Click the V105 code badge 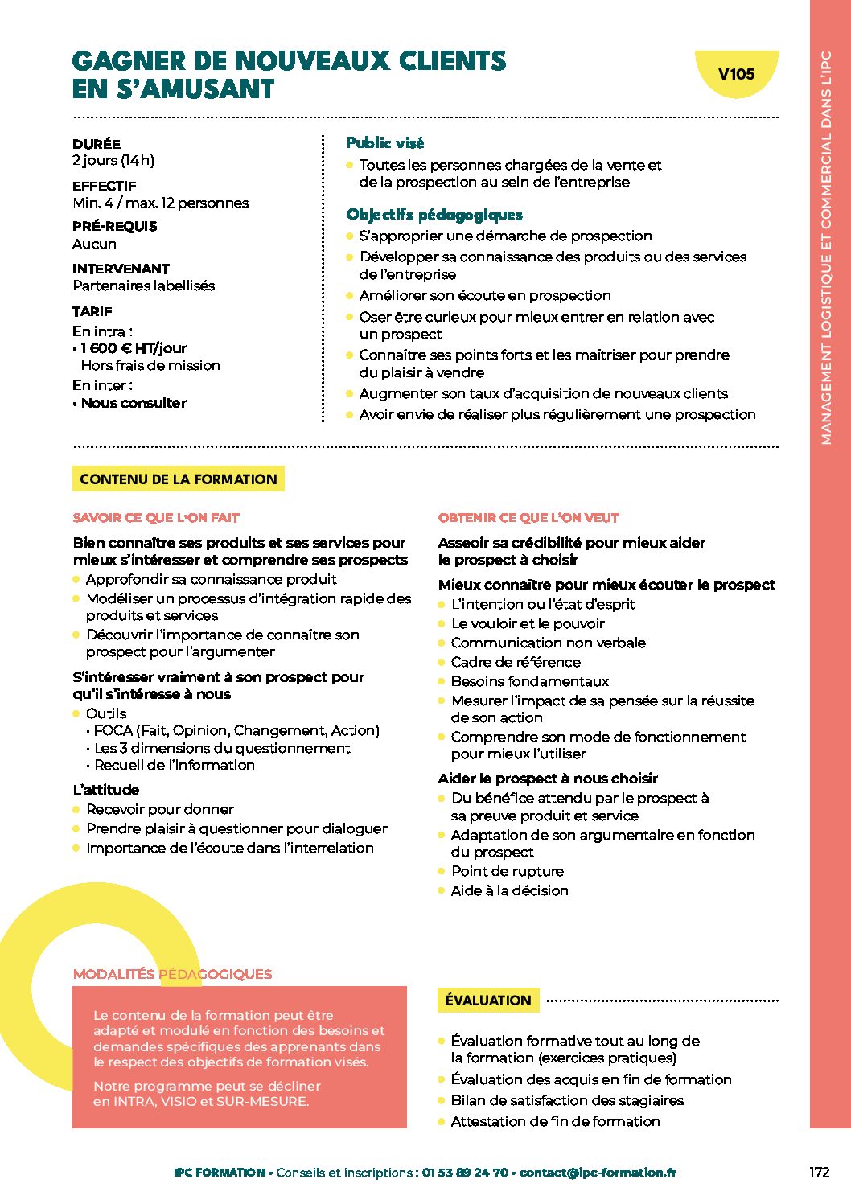[x=736, y=75]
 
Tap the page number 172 [x=819, y=1172]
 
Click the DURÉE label [x=97, y=144]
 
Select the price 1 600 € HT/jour [x=134, y=348]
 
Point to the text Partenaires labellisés [x=144, y=286]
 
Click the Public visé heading [x=384, y=143]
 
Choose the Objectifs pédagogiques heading [x=434, y=215]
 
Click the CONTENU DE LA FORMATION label [x=178, y=479]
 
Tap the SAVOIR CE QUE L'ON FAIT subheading [x=156, y=518]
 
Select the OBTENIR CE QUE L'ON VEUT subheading [x=528, y=518]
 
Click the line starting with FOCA [x=236, y=730]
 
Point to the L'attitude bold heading [x=106, y=790]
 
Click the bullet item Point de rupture [x=508, y=871]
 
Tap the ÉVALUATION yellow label [x=488, y=1001]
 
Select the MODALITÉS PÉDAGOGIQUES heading [x=172, y=974]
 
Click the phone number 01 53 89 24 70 [x=465, y=1173]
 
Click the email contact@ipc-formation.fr [x=598, y=1173]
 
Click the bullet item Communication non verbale [x=548, y=643]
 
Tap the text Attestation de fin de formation [x=555, y=1121]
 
